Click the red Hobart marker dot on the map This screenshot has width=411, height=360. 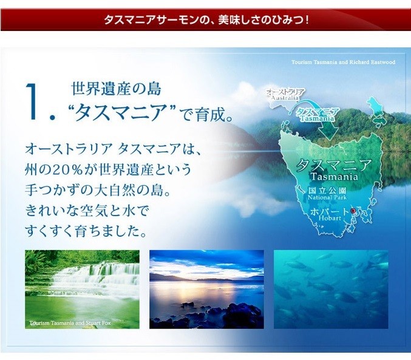(x=353, y=211)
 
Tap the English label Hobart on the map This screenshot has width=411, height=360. (x=330, y=218)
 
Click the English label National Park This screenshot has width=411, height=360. (x=327, y=197)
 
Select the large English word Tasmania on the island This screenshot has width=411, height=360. (x=334, y=177)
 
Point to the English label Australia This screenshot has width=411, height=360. (x=285, y=98)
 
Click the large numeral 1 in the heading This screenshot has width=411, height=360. (x=32, y=102)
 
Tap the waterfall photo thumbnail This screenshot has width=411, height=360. (x=82, y=289)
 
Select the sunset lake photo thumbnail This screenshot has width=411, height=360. (x=206, y=289)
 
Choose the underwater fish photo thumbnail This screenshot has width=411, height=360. (x=331, y=289)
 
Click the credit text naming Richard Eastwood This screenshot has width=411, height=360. (x=343, y=62)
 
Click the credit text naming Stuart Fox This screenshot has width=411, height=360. (x=70, y=323)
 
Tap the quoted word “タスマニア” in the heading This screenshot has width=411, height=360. (x=121, y=112)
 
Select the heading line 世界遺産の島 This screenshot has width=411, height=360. (x=116, y=89)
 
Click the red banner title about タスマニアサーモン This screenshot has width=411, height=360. (x=206, y=20)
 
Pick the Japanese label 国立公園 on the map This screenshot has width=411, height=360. (x=327, y=191)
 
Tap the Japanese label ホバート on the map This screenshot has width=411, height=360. (x=330, y=211)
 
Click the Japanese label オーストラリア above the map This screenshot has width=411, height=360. (x=285, y=92)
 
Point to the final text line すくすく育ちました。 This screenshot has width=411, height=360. (x=86, y=231)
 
